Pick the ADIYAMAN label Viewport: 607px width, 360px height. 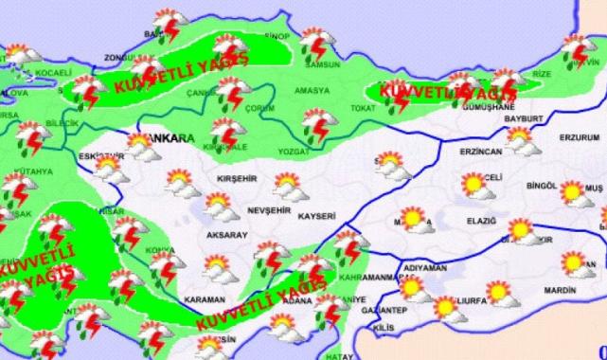click(423, 268)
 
